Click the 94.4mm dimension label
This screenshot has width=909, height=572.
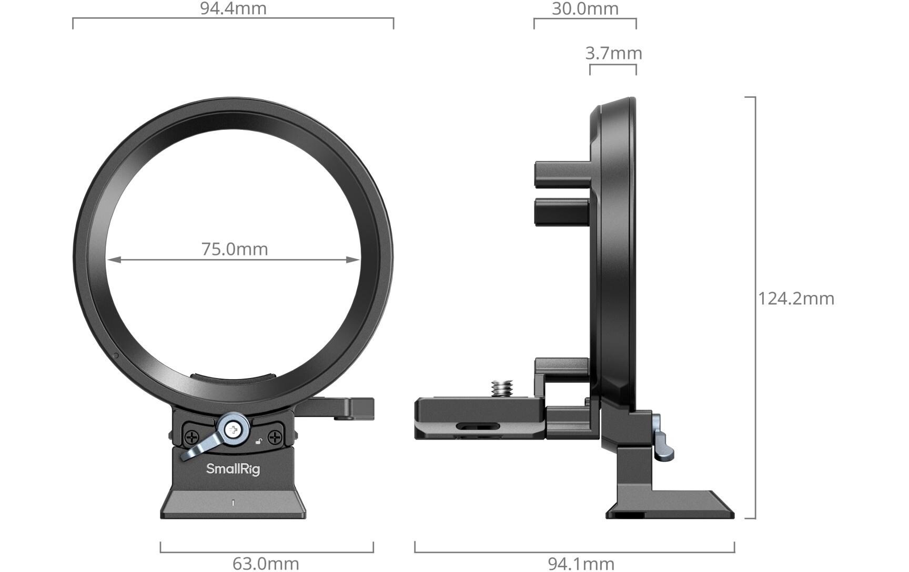[x=233, y=8]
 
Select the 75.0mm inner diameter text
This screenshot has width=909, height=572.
[x=235, y=249]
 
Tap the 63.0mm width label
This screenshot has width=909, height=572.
[x=266, y=564]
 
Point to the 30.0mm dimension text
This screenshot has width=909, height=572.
[x=585, y=8]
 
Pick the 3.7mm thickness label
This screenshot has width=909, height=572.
[x=613, y=53]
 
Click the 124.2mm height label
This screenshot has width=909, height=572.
[x=796, y=299]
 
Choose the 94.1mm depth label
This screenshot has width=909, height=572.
[x=581, y=564]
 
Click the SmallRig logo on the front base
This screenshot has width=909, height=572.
[x=233, y=468]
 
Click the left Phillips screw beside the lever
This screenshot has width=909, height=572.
[x=192, y=436]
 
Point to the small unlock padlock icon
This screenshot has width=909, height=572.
[x=258, y=441]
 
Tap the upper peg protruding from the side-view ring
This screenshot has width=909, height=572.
[x=561, y=175]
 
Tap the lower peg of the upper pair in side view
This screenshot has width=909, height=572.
[x=561, y=212]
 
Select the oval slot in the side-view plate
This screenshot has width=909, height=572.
[x=478, y=425]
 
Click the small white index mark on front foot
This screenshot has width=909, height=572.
[x=233, y=503]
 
